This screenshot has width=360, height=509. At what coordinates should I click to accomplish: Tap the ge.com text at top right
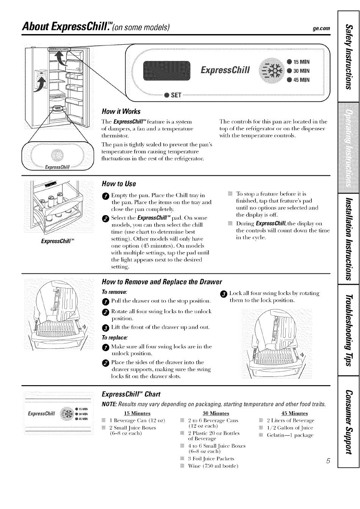coord(321,28)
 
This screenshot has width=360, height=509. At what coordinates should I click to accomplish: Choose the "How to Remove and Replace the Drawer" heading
coord(161,282)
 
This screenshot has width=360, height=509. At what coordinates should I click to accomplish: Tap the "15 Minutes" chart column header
coord(137,413)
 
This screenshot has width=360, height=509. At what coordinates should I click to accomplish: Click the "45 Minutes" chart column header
coord(294,413)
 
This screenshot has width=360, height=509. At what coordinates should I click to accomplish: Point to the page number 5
coord(328,461)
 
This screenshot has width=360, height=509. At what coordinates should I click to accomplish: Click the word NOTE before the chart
coord(110,404)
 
